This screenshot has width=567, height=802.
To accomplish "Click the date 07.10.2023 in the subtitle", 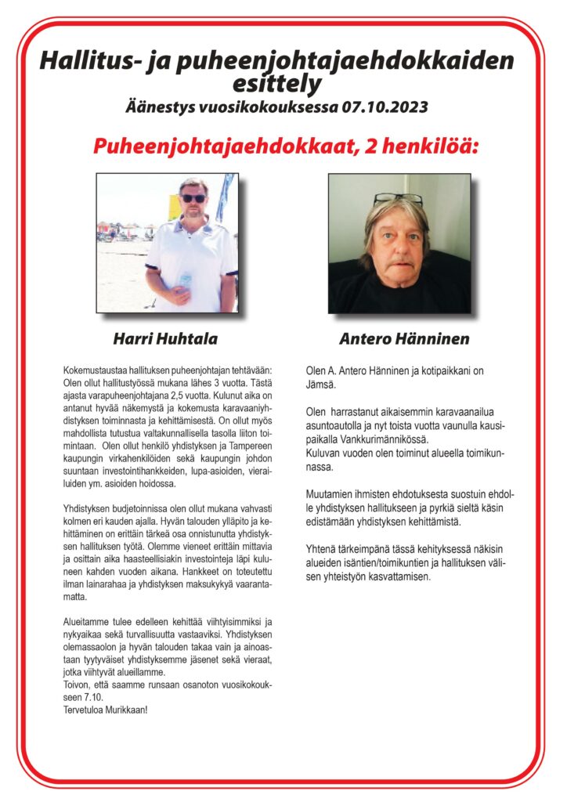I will click(x=385, y=105).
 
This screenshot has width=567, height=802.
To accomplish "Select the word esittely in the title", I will click(x=276, y=82).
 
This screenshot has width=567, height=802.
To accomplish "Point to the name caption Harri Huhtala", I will click(x=166, y=339).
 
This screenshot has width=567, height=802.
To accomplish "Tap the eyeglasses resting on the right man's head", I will click(x=398, y=200).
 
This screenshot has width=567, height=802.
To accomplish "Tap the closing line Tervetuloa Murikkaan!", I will click(x=103, y=710).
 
